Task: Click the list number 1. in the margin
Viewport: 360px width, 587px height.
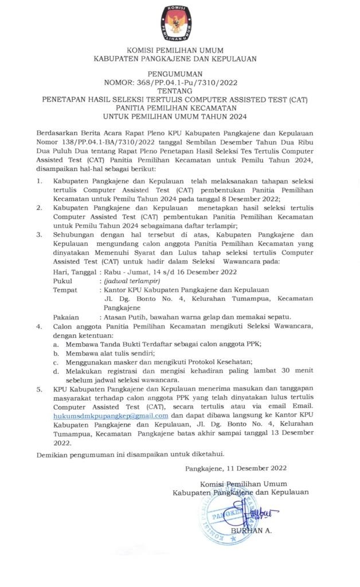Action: pos(40,181)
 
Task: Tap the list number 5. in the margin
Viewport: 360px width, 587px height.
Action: pos(40,389)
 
